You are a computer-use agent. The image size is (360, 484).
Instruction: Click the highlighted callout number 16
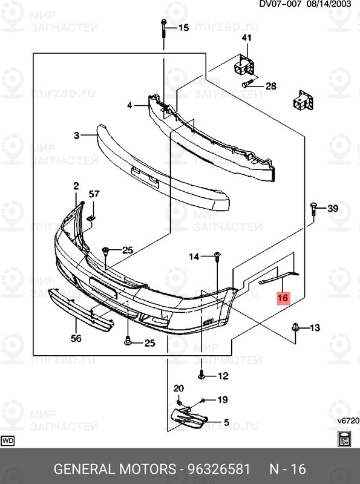pos(283,298)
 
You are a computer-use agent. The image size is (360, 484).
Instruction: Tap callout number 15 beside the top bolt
pos(183,27)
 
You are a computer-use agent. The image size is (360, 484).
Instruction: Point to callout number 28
pos(270,86)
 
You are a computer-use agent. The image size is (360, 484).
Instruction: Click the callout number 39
pos(333,209)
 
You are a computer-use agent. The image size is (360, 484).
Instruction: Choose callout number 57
pos(94,194)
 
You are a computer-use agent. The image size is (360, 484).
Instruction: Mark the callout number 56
pos(76,339)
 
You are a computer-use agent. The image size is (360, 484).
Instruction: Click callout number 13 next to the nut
pos(315,328)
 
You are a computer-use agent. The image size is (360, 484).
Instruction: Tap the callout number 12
pos(223,376)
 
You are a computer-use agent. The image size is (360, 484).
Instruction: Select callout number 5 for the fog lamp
pos(226,422)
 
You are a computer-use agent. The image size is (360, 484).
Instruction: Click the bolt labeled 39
pos(313,209)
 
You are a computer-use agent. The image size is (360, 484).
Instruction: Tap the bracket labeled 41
pos(244,65)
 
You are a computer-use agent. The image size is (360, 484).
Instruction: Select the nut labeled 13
pos(296,327)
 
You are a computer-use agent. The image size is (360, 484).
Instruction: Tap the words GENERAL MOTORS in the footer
pos(114,469)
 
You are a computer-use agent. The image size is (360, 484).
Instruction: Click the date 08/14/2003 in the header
pos(332,4)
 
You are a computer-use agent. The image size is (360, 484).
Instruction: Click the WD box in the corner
pos(8,440)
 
